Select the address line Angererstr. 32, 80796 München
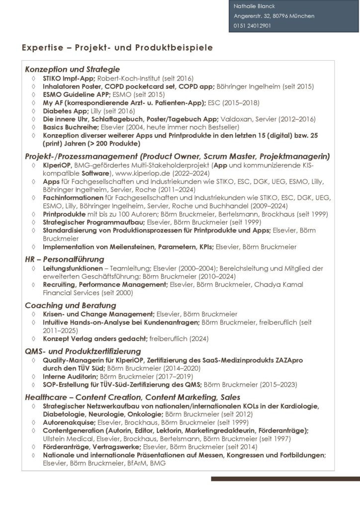[x=273, y=16]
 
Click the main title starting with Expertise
[x=117, y=48]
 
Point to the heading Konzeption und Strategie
[x=72, y=69]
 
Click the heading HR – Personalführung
[x=64, y=259]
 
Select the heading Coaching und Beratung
[x=70, y=305]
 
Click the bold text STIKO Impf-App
[x=68, y=78]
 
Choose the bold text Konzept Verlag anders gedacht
[x=95, y=339]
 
